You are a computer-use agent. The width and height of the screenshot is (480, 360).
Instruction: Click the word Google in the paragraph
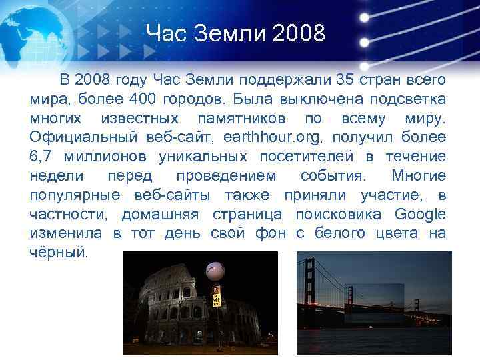click(x=420, y=215)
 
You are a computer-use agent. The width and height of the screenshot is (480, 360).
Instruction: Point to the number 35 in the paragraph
click(x=345, y=81)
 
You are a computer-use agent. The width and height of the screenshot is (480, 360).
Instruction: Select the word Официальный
click(x=83, y=137)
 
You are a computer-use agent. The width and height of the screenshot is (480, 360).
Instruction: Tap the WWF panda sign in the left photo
click(x=216, y=297)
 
